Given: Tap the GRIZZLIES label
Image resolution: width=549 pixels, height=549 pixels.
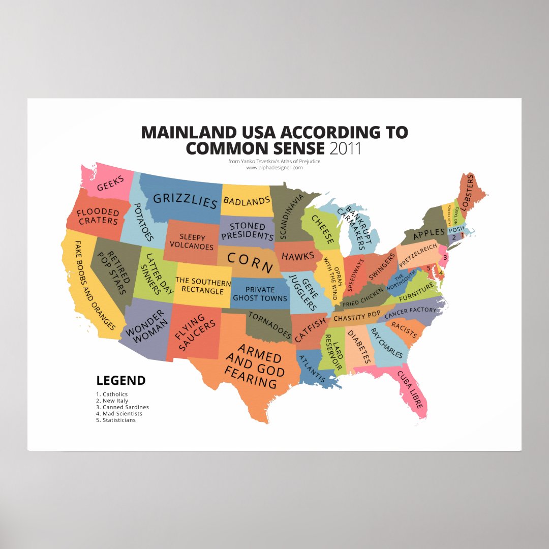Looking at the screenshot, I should click(x=185, y=200).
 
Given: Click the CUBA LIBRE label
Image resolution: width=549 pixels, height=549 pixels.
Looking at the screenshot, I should click(x=410, y=390).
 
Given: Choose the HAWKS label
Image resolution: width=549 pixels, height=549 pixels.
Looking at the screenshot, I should click(x=298, y=256).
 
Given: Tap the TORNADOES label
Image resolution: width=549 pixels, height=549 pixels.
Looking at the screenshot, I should click(x=269, y=326).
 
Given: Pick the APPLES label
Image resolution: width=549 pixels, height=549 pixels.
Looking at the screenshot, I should click(x=429, y=234).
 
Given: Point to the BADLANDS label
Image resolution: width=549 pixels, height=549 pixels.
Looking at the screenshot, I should click(x=247, y=201).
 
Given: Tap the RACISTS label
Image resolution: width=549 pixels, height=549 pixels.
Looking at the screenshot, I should click(x=405, y=330).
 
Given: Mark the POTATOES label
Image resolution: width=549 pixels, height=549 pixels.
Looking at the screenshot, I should click(x=143, y=222).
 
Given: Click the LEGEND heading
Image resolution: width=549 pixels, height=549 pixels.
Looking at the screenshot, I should click(x=121, y=380).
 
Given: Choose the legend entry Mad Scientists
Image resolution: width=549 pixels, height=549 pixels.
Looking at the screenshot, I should click(x=122, y=414).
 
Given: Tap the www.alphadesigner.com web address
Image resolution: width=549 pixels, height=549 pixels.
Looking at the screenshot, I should click(x=274, y=167).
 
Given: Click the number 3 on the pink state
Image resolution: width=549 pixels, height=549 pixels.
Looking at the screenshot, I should click(x=445, y=258).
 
